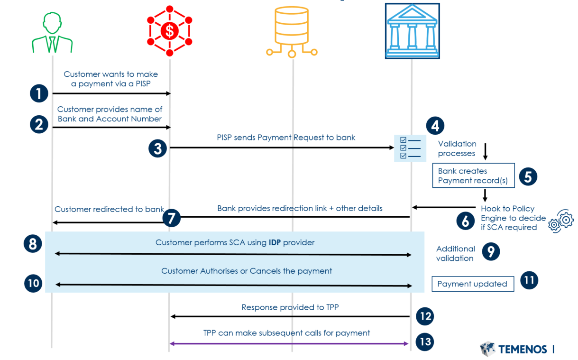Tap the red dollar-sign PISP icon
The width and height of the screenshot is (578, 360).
tap(169, 31)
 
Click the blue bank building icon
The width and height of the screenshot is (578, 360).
tap(412, 31)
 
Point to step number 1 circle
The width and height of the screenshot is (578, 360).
tap(39, 93)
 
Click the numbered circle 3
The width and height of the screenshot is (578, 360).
tap(157, 148)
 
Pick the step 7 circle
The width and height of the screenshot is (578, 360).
tap(172, 218)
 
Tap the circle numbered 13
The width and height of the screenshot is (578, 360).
tap(425, 342)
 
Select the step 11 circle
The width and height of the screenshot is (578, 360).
tap(529, 280)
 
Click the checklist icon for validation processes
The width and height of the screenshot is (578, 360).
tap(407, 148)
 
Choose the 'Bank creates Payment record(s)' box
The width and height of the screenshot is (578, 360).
tap(473, 175)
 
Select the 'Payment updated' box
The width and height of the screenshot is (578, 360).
tap(472, 284)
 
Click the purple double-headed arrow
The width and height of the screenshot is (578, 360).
tap(289, 343)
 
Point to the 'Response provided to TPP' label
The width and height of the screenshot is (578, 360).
tap(290, 307)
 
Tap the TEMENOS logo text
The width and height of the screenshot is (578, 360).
tap(522, 350)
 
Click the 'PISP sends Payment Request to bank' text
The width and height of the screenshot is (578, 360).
tap(286, 138)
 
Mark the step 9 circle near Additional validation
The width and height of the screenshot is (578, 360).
tap(491, 251)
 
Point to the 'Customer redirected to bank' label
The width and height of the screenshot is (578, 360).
tap(109, 209)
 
